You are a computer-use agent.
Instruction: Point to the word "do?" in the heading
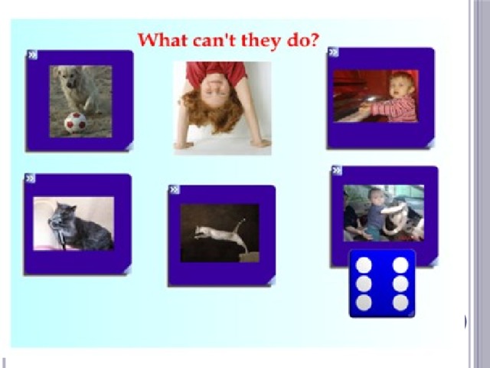click(303, 41)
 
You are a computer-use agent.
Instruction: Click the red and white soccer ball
click(75, 123)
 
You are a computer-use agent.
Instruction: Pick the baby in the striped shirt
click(397, 97)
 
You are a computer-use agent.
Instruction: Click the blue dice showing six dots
click(382, 284)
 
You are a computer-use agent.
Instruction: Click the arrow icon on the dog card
click(32, 55)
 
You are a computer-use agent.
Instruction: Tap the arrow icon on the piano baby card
click(334, 52)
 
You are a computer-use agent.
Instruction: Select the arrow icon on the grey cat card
click(31, 179)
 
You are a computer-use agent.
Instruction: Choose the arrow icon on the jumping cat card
click(175, 189)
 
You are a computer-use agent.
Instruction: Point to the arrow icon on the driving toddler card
click(337, 170)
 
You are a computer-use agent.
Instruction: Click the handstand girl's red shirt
click(216, 71)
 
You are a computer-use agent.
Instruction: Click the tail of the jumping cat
click(241, 225)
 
